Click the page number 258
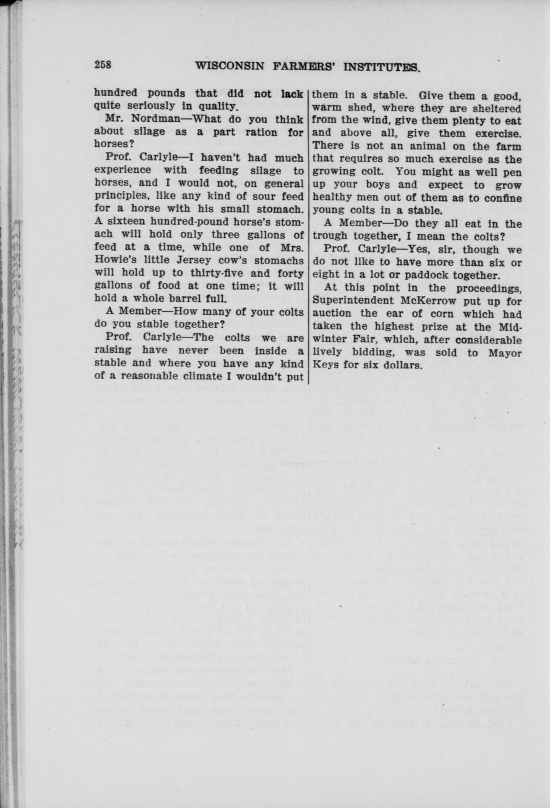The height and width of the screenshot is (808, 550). pyautogui.click(x=107, y=65)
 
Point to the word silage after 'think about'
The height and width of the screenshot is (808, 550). pyautogui.click(x=149, y=132)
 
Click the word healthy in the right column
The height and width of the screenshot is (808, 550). pyautogui.click(x=333, y=197)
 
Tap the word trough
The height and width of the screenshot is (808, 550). pyautogui.click(x=330, y=236)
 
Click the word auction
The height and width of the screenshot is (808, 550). pyautogui.click(x=333, y=313)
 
